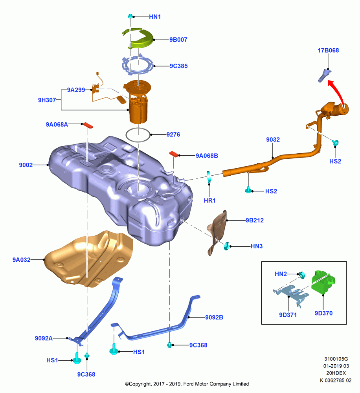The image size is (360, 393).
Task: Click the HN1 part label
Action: (155, 17)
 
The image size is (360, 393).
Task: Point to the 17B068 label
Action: (328, 50)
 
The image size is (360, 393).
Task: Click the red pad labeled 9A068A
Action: (88, 125)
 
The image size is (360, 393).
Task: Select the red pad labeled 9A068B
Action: (174, 154)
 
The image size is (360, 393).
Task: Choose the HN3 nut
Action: (227, 246)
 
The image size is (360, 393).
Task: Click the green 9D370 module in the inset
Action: (323, 282)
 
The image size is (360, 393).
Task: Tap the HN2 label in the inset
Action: (281, 274)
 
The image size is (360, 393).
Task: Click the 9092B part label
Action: (214, 317)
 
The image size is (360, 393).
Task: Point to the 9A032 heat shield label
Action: (22, 260)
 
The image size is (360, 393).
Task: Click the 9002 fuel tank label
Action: (26, 165)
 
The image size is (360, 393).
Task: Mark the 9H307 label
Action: (47, 100)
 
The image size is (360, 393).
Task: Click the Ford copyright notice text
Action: (187, 384)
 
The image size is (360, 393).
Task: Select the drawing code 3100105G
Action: (336, 359)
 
